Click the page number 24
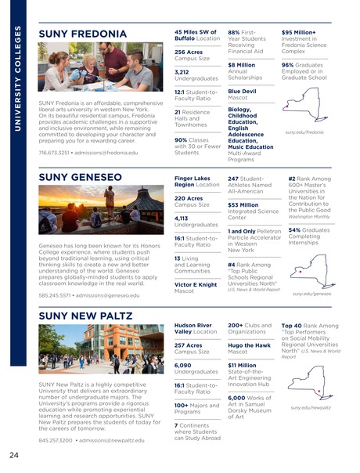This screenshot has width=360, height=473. [x=14, y=455]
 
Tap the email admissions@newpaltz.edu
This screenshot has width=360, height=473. [x=111, y=441]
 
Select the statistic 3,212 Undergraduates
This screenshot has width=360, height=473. [x=186, y=74]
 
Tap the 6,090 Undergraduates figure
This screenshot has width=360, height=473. [x=185, y=364]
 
